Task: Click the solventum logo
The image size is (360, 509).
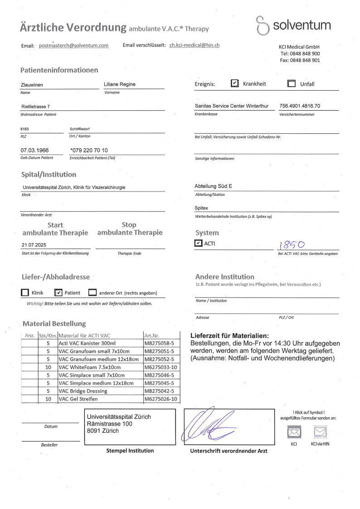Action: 293,25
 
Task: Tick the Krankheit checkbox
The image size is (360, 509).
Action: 234,83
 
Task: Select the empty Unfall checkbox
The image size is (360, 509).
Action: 292,83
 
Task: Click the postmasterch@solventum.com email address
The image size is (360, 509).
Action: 74,45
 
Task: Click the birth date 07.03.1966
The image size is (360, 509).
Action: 35,150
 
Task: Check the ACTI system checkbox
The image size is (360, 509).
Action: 198,244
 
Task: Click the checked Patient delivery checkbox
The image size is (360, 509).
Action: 58,293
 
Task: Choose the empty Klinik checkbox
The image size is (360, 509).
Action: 25,293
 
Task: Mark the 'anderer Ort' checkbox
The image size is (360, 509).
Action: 92,293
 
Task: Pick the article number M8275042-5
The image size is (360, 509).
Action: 159,391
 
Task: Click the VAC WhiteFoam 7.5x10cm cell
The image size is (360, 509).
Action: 89,367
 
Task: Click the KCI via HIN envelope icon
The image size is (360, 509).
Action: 320,432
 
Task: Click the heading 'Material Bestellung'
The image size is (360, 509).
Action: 54,323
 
